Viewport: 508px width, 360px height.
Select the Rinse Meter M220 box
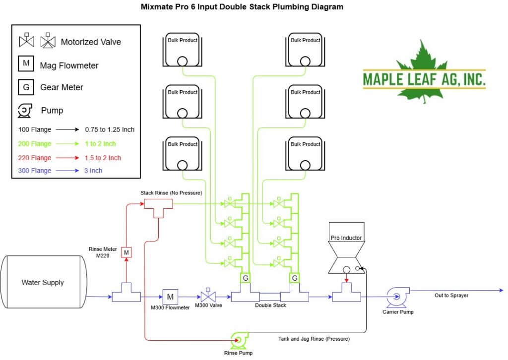pos(127,252)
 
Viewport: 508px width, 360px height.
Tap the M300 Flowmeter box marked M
pos(170,297)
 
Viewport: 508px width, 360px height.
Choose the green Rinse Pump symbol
pos(240,340)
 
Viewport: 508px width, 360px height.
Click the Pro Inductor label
pos(346,238)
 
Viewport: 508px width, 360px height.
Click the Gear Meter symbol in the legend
pos(26,87)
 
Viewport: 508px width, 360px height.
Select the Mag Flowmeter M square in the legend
pos(26,63)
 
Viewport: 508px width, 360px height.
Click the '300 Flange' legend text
pos(35,171)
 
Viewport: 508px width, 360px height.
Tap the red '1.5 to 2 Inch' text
pos(103,158)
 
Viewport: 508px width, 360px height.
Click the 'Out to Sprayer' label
pos(451,295)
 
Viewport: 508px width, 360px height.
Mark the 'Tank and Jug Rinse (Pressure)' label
pos(314,339)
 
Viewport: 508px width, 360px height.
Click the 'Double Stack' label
pos(270,305)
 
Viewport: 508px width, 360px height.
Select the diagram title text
pos(242,7)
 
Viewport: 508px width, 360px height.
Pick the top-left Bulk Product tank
pos(183,50)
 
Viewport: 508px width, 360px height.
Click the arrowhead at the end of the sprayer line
pos(501,291)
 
